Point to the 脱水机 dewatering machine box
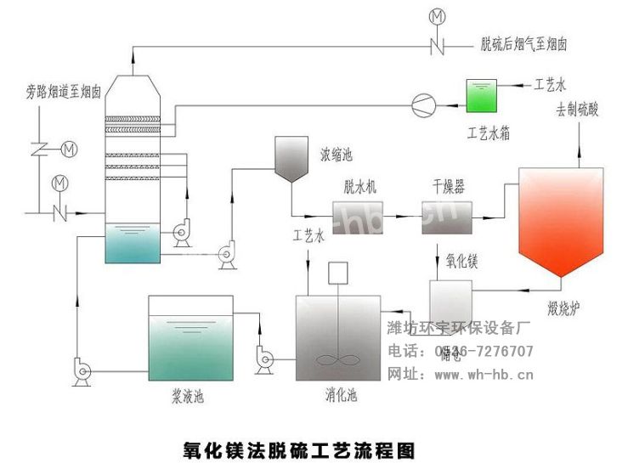click(x=357, y=217)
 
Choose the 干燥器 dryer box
click(x=447, y=218)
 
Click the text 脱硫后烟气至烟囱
click(x=523, y=43)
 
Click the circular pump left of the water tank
click(x=420, y=104)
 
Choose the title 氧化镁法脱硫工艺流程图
click(x=301, y=445)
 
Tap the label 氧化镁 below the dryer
click(x=462, y=262)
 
